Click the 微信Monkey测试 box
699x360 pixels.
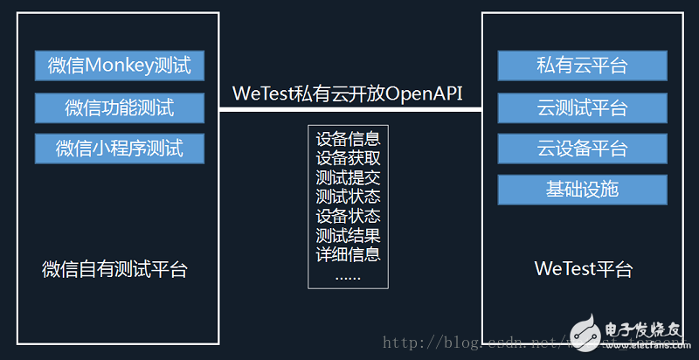[x=119, y=65]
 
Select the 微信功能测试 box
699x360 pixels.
[x=119, y=107]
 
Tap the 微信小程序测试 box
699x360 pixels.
[x=119, y=148]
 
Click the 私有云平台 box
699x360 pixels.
[x=582, y=65]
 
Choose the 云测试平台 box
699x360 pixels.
[x=582, y=107]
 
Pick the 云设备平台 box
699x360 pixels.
[x=582, y=148]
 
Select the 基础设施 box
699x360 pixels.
[x=582, y=188]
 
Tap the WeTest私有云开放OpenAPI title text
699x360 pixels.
[x=348, y=93]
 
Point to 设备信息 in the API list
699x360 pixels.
[x=349, y=139]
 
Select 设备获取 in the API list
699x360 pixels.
[x=349, y=158]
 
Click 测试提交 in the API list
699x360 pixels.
[x=349, y=177]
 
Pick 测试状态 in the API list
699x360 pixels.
[x=349, y=197]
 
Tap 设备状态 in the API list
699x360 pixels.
[x=349, y=216]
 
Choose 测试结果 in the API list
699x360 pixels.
[x=349, y=235]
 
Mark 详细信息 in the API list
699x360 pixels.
[x=349, y=254]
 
